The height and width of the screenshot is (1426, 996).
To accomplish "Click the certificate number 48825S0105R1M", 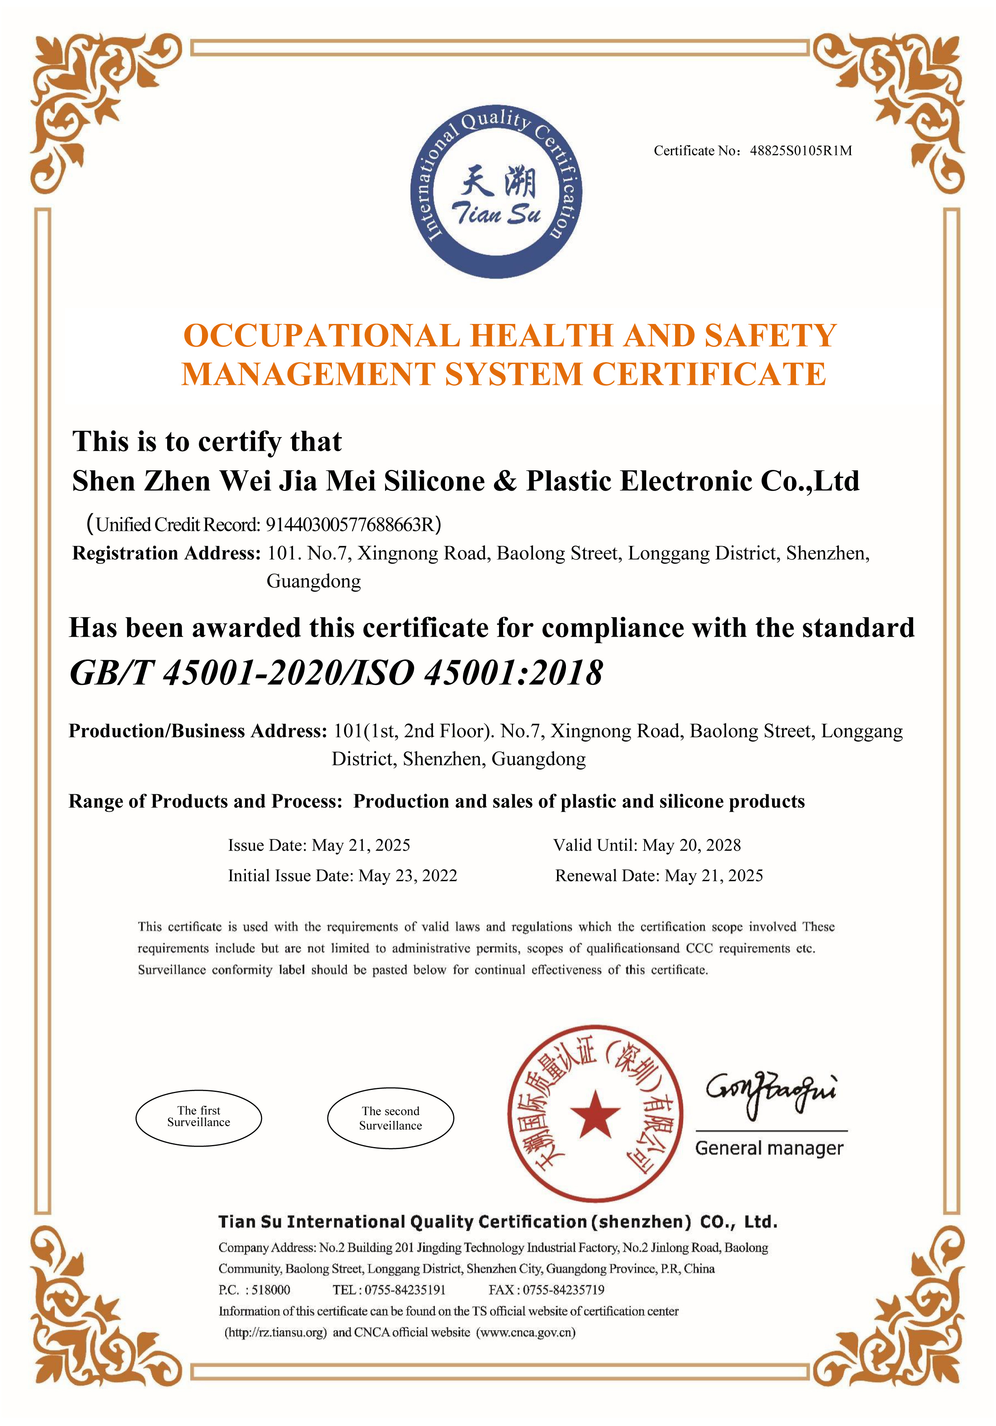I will click(800, 151).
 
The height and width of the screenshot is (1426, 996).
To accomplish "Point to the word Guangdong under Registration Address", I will click(313, 581).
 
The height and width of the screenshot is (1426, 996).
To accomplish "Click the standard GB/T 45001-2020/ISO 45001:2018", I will click(336, 673).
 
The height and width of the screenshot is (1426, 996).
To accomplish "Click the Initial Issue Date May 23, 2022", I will click(408, 876).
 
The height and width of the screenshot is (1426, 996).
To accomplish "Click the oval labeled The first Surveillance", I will click(198, 1119).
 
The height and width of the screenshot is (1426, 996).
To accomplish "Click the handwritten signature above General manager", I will click(770, 1094).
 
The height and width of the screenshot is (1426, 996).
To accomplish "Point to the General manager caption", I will click(769, 1148).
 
